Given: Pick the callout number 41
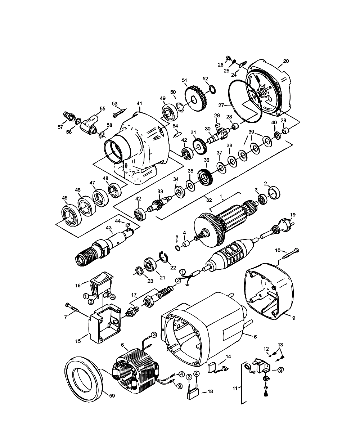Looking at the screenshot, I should (139, 103).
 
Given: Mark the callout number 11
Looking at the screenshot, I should (235, 388).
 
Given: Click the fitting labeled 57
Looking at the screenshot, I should (67, 116).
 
